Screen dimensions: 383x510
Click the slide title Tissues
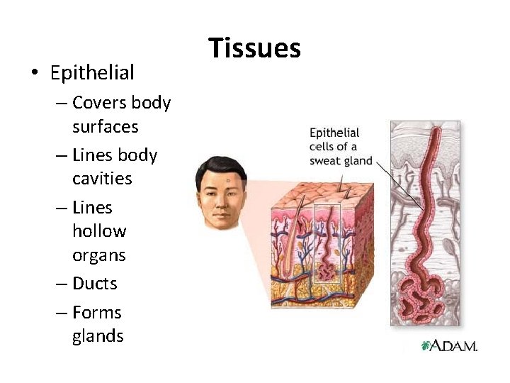(254, 48)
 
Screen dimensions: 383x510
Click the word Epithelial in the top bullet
(92, 72)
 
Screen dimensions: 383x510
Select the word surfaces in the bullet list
(105, 127)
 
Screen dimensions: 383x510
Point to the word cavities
(102, 178)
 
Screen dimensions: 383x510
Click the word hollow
(99, 231)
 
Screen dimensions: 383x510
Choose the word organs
(99, 255)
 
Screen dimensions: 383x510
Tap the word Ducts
(94, 284)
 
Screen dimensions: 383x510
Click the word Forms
(97, 312)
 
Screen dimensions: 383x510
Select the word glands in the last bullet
(98, 335)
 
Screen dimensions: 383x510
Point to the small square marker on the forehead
(227, 182)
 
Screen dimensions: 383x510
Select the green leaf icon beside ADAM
(426, 345)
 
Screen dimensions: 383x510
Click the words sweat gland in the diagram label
(341, 160)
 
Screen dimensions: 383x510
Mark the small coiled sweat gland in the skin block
(328, 269)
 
